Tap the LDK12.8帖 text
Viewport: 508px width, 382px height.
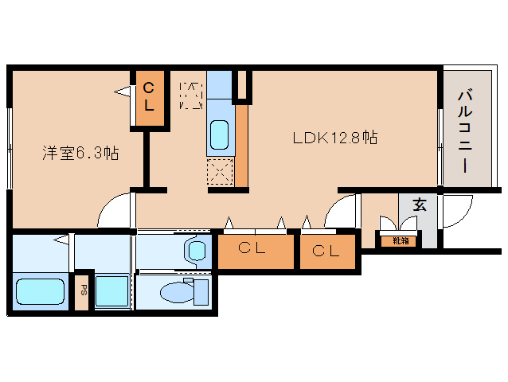pos(334,138)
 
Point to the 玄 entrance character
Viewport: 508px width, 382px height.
pos(419,204)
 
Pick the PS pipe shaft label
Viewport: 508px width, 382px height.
pos(83,291)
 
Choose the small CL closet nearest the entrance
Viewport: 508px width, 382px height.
pos(326,252)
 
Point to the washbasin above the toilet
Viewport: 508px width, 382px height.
pos(196,250)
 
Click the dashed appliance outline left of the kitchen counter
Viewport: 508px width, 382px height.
pos(191,94)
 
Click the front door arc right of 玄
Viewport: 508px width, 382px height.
pos(456,211)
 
